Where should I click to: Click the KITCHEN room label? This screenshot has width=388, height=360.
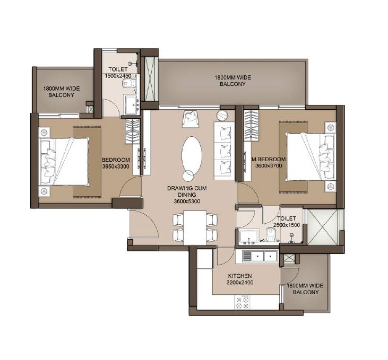point(240,276)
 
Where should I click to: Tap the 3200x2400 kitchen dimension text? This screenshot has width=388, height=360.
point(240,283)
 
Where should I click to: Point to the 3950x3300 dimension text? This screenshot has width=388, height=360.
point(116,166)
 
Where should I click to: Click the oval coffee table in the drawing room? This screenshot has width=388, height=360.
point(192,153)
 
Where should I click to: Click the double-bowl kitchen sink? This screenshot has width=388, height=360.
point(261,257)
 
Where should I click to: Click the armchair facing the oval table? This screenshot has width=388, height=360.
point(189,119)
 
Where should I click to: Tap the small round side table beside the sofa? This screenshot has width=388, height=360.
point(221,115)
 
